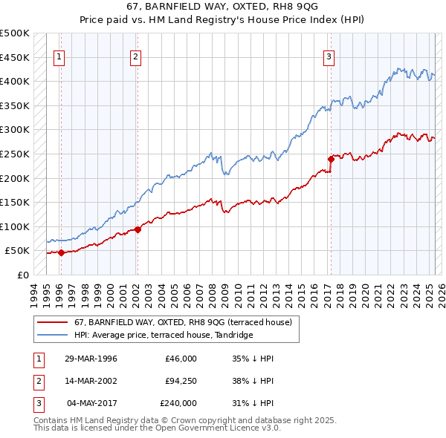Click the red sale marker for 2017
331,158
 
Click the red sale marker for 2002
138,229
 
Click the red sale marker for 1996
61,252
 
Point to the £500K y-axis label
15,33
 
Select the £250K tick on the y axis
15,154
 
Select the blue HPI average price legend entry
164,336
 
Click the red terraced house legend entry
186,322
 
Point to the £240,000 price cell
178,403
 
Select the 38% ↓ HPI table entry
253,381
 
